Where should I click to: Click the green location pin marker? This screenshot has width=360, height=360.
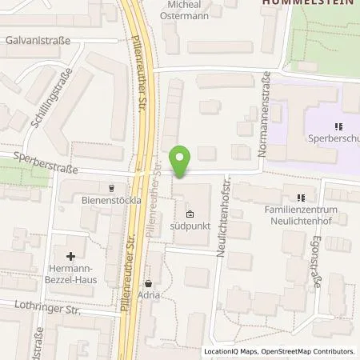181,162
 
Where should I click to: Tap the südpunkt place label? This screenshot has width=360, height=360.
190,226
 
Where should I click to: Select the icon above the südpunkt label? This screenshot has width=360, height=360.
190,214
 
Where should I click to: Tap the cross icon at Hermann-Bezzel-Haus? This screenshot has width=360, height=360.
71,256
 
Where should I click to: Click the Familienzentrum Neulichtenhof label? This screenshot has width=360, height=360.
302,214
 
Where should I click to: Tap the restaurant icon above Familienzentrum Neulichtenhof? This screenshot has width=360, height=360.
302,197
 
